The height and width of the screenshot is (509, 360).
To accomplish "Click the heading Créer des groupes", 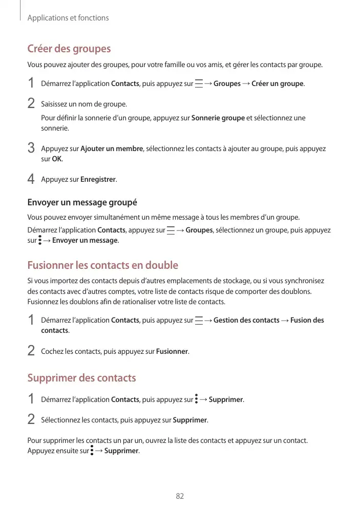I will [69, 49].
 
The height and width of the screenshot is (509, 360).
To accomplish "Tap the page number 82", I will [180, 496].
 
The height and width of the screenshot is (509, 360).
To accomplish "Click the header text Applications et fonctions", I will [68, 18].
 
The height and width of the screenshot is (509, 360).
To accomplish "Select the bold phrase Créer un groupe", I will [278, 83].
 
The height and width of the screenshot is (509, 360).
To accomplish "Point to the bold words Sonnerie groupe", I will [218, 118].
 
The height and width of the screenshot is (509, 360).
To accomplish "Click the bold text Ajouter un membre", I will [112, 149].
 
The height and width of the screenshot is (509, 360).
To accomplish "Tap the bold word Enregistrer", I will [98, 180].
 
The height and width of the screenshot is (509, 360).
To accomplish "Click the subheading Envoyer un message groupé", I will [82, 202].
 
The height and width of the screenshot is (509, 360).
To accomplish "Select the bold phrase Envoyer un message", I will [85, 241].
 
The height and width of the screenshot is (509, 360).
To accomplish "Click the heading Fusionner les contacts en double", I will [102, 265].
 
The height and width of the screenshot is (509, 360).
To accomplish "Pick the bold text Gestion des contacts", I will [246, 321].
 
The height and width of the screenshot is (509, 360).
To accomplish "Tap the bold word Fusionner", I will [172, 352].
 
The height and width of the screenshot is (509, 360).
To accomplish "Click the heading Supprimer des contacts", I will [81, 378].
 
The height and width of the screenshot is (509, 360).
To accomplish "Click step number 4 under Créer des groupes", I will [31, 180].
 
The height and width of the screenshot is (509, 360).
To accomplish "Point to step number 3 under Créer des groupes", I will [31, 149].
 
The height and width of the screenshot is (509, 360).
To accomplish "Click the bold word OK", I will [57, 159].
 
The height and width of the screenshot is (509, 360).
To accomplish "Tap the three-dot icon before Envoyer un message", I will [40, 240].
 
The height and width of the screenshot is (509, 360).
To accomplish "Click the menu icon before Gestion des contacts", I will [198, 321].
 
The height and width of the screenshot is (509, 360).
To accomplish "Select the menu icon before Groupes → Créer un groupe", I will [198, 83].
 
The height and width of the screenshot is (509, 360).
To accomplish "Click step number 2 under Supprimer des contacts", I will [31, 420].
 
